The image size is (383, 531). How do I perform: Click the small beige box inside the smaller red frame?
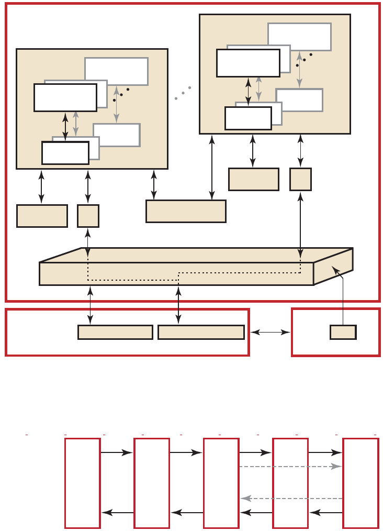pos(343,332)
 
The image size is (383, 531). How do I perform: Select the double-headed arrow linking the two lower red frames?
pos(270,332)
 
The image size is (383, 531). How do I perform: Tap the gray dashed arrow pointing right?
pos(290,466)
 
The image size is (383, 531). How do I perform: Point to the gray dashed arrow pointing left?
pos(290,499)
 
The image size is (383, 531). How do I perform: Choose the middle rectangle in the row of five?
pos(221,483)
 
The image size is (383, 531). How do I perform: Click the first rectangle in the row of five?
pos(82,483)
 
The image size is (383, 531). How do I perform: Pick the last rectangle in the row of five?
pos(361,483)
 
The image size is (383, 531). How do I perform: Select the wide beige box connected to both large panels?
pos(186,211)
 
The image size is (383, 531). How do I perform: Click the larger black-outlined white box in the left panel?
pos(65,97)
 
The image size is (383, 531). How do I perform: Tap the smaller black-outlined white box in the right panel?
pos(248,118)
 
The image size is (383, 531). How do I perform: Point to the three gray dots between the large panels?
pos(183,93)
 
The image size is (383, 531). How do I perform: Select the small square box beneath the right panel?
pos(300,179)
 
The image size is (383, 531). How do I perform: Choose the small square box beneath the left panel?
pos(88,216)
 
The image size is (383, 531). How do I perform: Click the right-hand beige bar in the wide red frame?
pos(201,332)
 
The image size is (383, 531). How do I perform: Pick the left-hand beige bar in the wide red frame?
pos(115,332)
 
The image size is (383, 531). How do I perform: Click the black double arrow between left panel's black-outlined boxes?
pos(65,126)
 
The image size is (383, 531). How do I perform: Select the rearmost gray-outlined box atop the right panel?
pos(299,37)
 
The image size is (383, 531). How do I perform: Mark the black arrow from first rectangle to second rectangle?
pos(117,452)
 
